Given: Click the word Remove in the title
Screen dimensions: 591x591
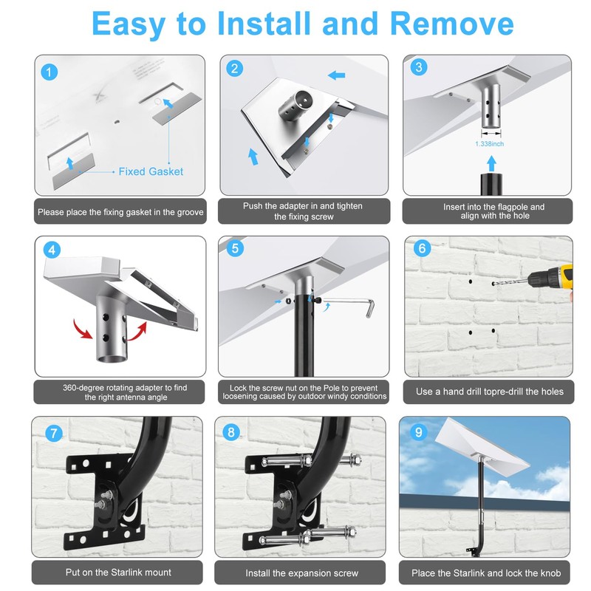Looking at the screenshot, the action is pos(451,24).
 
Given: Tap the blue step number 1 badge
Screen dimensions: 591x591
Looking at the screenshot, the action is pos(49,72).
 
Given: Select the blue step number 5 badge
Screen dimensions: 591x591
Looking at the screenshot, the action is pos(235,248).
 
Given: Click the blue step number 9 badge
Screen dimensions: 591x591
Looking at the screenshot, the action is pos(418,432).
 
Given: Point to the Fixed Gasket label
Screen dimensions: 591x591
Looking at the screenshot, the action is pos(151,171).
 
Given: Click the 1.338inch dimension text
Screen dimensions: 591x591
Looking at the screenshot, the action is pos(489,143).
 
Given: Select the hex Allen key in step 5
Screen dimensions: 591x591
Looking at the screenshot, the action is pos(349,304).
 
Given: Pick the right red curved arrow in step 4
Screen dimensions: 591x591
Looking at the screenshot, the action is pos(137,332).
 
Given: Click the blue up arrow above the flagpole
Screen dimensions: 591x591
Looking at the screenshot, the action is pos(491,163).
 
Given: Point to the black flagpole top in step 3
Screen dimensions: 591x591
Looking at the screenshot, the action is pos(491,184).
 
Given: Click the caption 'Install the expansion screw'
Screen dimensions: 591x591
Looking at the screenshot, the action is pos(301,573).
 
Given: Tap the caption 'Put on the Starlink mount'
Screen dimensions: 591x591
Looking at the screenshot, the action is pos(118,572).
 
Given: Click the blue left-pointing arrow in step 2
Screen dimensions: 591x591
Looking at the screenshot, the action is pos(336,75).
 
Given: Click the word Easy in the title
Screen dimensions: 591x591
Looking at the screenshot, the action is pos(129,24).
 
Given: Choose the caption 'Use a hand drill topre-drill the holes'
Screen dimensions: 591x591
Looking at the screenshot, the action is pos(490,392).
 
